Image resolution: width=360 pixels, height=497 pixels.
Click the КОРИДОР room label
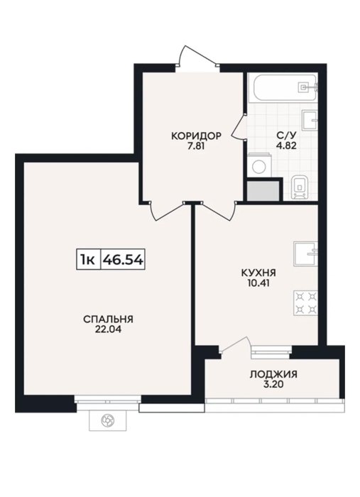pos(196,136)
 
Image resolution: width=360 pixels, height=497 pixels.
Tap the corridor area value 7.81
pos(196,146)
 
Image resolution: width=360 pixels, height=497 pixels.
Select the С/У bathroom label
pos(286,136)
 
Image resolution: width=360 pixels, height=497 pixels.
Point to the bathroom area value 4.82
pos(286,146)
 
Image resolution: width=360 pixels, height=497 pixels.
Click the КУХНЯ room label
pos(258,273)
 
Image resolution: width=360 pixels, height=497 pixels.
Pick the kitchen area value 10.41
pos(258,283)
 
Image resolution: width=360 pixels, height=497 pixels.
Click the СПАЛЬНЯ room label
pos(108,319)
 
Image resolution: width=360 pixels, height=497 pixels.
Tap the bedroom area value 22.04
pos(108,329)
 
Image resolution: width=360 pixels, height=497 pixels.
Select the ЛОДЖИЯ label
pos(273,374)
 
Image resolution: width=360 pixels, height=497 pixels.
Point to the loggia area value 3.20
pos(273,385)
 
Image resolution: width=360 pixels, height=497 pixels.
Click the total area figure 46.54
pos(123,260)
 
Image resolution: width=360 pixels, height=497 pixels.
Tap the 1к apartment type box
pos(89,260)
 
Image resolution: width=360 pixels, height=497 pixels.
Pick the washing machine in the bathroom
pos(259,165)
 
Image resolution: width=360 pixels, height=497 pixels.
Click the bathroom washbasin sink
pos(310,120)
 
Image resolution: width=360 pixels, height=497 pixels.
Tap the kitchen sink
pos(305,253)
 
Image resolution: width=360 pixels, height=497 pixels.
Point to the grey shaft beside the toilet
pos(263,191)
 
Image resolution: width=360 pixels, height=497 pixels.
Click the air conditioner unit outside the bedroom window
pos(108,420)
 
